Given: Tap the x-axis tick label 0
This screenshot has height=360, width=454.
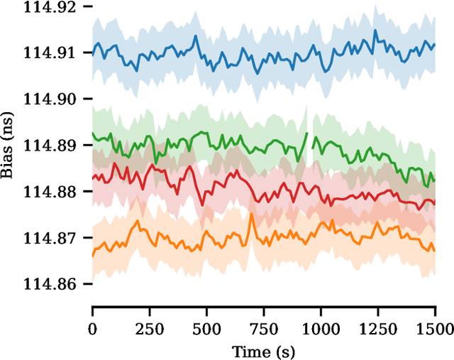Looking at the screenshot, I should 92,328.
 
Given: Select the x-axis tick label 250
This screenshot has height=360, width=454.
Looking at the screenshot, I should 150,328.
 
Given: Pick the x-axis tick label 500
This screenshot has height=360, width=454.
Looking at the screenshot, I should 206,328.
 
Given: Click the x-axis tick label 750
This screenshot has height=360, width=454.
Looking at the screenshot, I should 264,328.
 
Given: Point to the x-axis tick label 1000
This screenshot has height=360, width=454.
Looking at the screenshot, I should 321,328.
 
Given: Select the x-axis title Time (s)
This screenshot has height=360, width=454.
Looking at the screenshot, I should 263,351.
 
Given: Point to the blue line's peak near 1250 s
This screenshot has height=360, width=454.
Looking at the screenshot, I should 375,30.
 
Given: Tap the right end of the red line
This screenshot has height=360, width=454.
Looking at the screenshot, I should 434,207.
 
